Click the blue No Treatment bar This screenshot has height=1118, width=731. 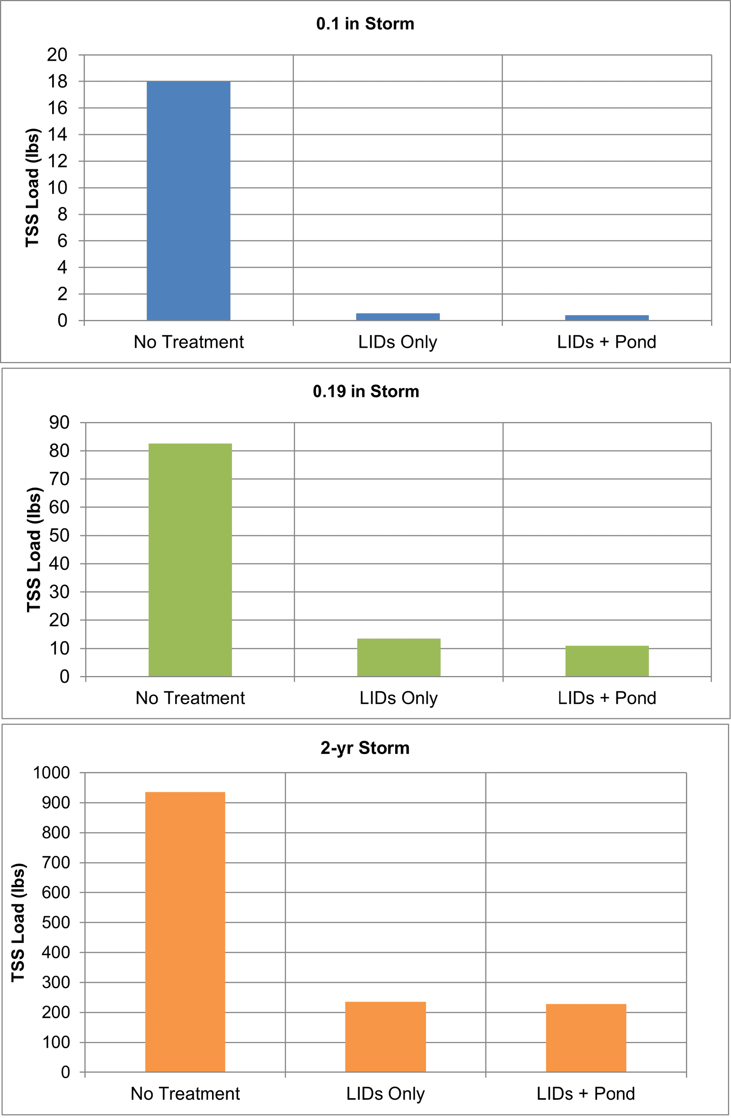[x=188, y=201]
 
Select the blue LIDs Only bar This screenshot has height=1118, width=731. [x=397, y=317]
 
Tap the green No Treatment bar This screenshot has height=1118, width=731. [x=190, y=560]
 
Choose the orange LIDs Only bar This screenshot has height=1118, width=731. [x=385, y=1037]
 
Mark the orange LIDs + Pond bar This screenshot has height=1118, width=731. [x=586, y=1038]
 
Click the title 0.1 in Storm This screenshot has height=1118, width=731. [x=365, y=24]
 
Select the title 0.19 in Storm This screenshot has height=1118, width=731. [x=366, y=391]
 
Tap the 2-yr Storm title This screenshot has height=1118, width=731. [x=365, y=748]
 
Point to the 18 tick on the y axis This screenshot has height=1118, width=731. [x=57, y=82]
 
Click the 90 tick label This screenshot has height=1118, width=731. [x=59, y=422]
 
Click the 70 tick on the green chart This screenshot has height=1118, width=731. [x=59, y=479]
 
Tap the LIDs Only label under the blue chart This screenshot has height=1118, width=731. [x=397, y=342]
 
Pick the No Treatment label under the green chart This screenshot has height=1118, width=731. [x=190, y=698]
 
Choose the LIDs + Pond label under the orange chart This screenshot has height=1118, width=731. [x=586, y=1094]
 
